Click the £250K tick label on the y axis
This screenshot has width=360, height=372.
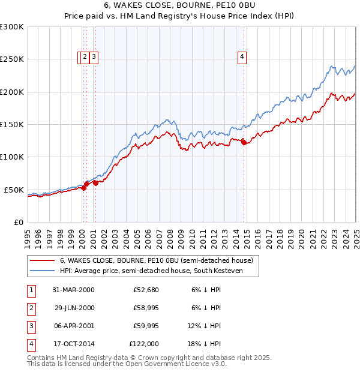[12, 59]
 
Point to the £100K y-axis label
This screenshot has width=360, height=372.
[12, 157]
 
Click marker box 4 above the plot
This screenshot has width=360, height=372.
[242, 57]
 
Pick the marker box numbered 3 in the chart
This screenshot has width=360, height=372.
[95, 57]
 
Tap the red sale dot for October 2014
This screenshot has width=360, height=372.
[244, 142]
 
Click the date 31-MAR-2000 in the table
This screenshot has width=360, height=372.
[73, 290]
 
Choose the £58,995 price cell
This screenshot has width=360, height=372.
[146, 308]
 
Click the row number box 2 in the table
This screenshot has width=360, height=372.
[30, 308]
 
